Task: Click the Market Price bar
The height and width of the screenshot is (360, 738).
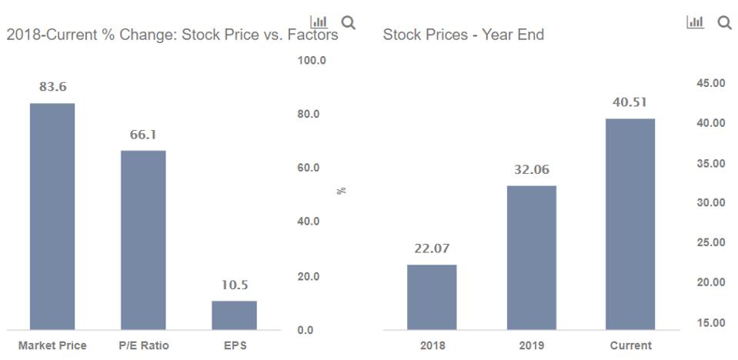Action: click(52, 216)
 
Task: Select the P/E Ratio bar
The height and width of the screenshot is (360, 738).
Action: click(143, 240)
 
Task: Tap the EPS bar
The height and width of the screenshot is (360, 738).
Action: click(234, 315)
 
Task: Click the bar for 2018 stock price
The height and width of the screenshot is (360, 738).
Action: click(432, 297)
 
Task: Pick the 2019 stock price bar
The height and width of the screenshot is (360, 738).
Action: click(531, 258)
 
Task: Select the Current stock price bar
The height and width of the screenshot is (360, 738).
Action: click(630, 224)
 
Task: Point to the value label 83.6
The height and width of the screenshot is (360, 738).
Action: click(52, 87)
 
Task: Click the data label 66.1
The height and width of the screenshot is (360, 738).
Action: click(143, 135)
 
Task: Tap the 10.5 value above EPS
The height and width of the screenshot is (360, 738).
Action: click(234, 285)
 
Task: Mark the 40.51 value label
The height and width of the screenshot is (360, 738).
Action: click(630, 103)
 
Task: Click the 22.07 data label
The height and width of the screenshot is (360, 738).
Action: click(432, 248)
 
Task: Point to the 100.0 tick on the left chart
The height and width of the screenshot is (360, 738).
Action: click(312, 60)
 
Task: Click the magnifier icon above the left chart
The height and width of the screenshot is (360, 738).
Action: click(349, 22)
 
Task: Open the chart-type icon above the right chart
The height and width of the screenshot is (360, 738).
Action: click(693, 23)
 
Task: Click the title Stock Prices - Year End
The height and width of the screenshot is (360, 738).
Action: click(463, 35)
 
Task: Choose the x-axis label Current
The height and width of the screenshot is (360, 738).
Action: click(630, 345)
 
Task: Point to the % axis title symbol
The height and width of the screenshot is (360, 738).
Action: click(341, 190)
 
